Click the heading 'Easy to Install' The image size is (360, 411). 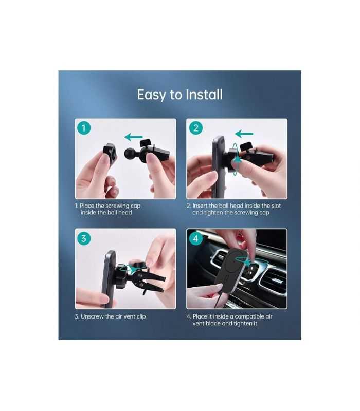(179, 95)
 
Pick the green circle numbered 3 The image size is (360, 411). (84, 238)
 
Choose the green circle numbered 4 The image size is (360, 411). (195, 238)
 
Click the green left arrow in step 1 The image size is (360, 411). (134, 137)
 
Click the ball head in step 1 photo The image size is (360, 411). (130, 153)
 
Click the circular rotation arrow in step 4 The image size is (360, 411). (252, 264)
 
